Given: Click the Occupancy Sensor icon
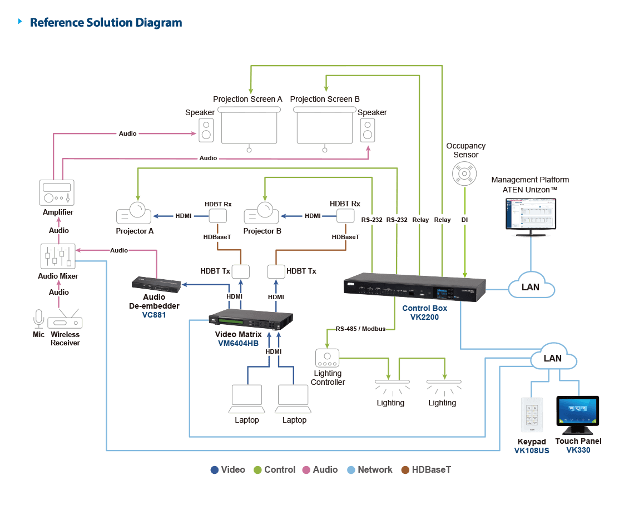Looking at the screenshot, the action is point(464,174).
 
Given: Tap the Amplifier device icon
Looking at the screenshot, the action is point(57,192).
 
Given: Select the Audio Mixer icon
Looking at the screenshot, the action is point(58,256).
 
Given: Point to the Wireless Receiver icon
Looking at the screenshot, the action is point(65,319).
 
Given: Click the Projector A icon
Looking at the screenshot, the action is point(134,213).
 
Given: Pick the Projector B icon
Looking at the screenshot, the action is point(261,213).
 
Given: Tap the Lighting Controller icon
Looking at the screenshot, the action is point(327,358).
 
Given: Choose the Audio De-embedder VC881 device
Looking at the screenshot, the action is point(156,284).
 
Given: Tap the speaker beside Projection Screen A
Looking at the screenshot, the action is point(206,130).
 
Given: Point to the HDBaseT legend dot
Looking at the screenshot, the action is point(405,469).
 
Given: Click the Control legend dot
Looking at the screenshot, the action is point(257,469).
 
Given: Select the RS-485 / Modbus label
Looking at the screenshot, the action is point(360,329).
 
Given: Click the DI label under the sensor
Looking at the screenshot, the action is point(464,220).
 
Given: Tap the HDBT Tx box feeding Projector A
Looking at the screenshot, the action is point(241,271).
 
